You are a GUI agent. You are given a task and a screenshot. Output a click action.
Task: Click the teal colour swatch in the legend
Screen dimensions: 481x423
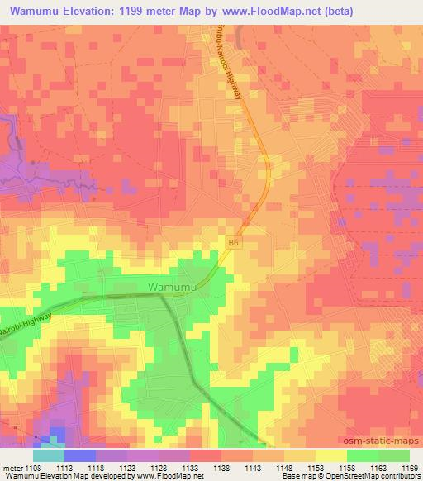pos(49,455)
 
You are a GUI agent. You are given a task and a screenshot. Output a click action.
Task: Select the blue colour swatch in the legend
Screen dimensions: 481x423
pos(80,455)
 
